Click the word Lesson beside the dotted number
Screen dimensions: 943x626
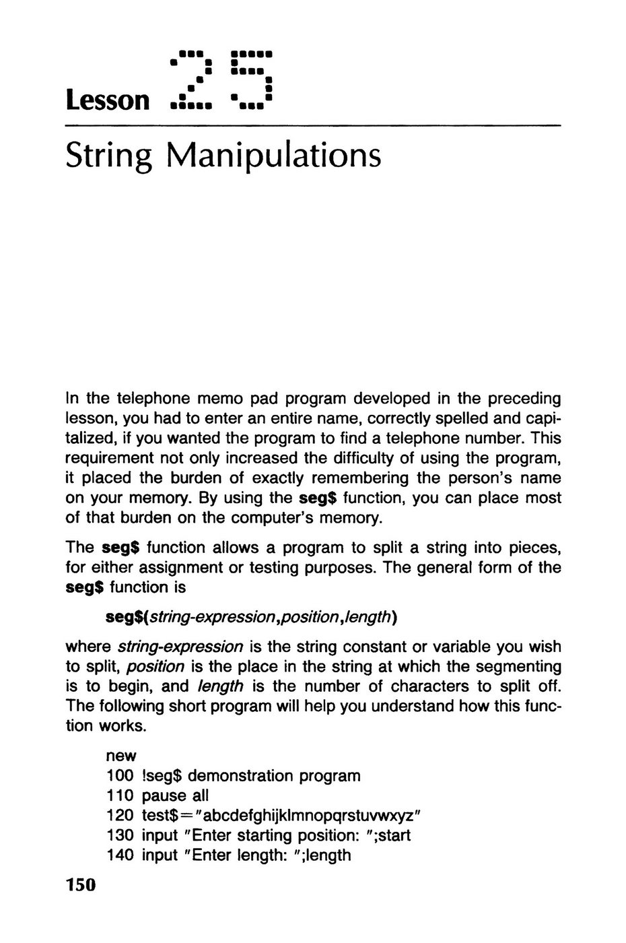(x=106, y=100)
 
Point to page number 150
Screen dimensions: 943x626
(x=81, y=884)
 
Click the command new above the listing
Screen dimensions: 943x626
(x=121, y=756)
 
